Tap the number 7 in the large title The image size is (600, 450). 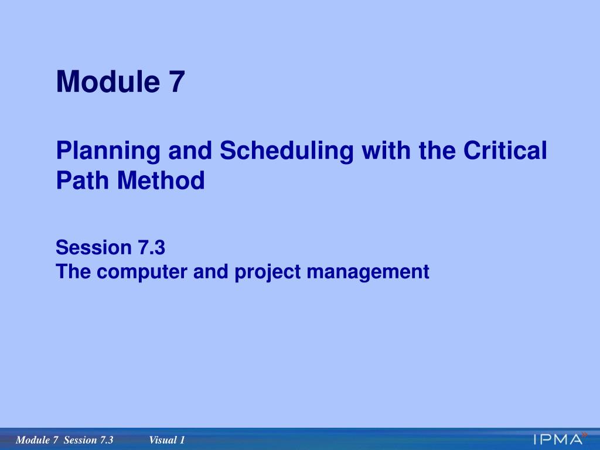[x=177, y=81]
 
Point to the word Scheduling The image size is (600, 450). [x=287, y=152]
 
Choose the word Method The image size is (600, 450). [x=161, y=180]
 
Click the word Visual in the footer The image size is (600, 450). [x=162, y=440]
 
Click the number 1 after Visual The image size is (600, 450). [x=182, y=440]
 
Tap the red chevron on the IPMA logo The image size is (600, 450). [x=584, y=434]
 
